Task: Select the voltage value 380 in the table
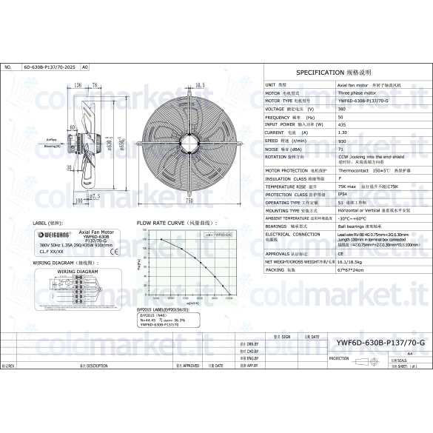point(341,109)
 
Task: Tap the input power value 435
point(341,124)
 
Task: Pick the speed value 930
point(341,140)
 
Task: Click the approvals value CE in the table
point(340,252)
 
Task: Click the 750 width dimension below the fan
point(189,200)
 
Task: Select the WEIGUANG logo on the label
point(53,235)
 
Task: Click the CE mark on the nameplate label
point(112,251)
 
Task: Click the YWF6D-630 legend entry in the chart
point(220,234)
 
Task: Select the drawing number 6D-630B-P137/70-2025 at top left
point(50,67)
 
